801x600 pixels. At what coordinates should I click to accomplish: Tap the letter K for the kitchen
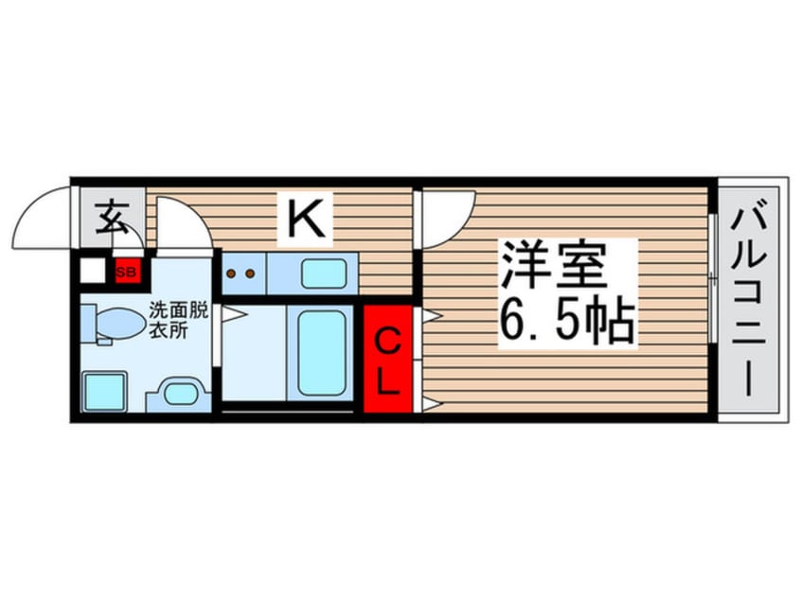tap(306, 221)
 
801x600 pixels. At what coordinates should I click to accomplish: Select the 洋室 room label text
tap(554, 266)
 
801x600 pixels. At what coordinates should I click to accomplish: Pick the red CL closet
tap(388, 360)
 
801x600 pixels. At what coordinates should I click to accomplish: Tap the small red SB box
tap(126, 271)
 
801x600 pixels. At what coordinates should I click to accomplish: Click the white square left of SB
tap(92, 272)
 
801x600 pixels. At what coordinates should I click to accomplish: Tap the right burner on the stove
tap(250, 275)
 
